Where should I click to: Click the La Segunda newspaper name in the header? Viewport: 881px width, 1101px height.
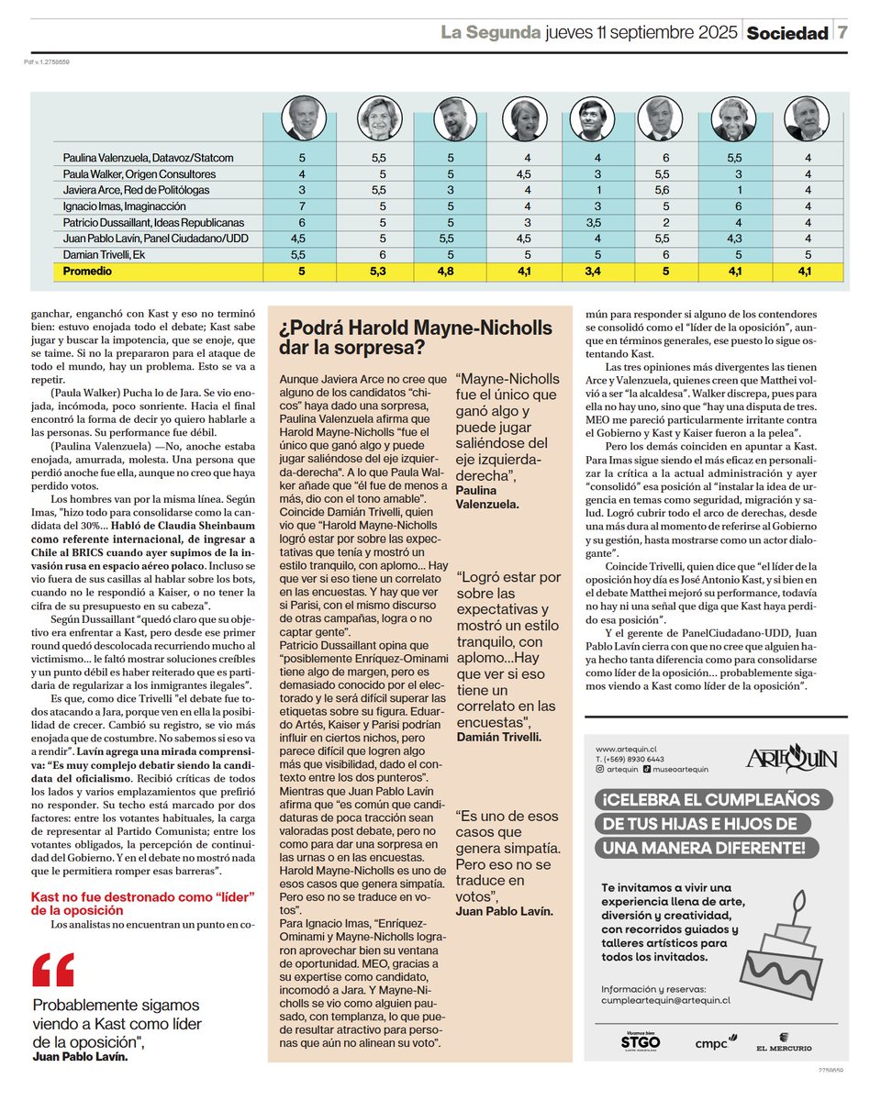click(x=490, y=33)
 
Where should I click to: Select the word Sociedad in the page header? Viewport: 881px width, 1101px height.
click(x=786, y=33)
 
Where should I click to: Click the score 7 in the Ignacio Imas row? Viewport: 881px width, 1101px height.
click(x=302, y=206)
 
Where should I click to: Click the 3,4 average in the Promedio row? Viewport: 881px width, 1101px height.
click(x=584, y=272)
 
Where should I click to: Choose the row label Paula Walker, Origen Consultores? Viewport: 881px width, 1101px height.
click(x=139, y=174)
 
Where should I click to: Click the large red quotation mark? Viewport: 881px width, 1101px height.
click(x=52, y=970)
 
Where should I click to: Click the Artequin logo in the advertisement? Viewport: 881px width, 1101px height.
click(x=791, y=758)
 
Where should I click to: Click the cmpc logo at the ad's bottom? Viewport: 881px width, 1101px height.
click(x=712, y=1042)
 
